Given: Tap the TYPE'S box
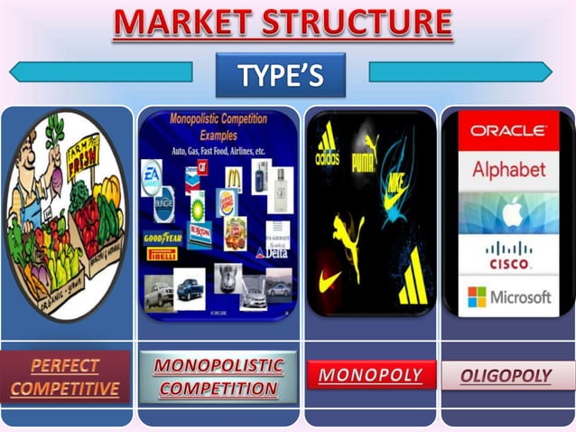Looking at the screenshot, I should (x=280, y=75).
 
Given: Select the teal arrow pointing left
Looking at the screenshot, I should (x=100, y=72).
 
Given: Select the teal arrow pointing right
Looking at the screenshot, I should (x=460, y=72).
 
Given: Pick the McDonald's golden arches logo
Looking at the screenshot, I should (x=233, y=176).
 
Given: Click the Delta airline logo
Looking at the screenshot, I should (x=272, y=252).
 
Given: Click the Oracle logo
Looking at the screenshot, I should (x=507, y=130).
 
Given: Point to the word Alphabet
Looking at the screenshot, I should (x=508, y=170).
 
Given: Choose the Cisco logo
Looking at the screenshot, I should (x=508, y=255).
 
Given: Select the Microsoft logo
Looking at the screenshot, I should (x=508, y=297).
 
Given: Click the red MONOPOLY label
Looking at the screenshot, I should (x=371, y=374).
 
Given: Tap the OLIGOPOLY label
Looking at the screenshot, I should (x=506, y=375).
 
